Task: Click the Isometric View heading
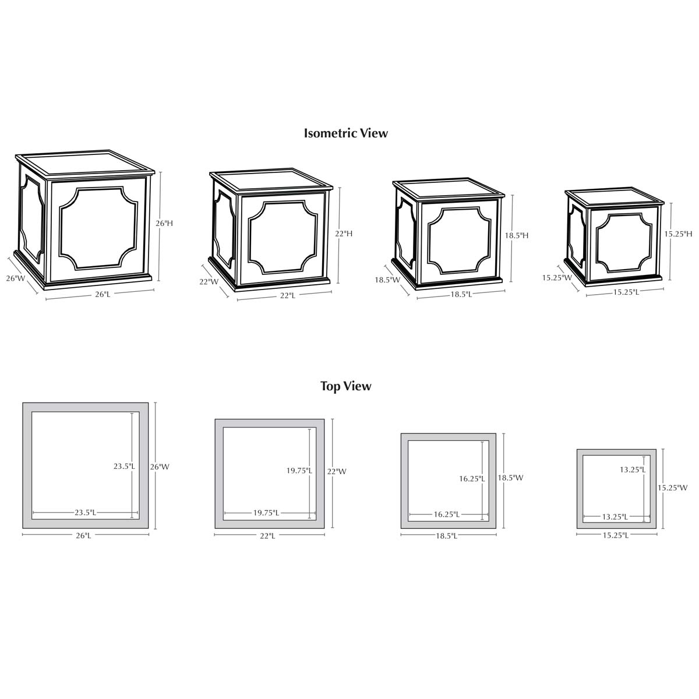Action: pyautogui.click(x=345, y=133)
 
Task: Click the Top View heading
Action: pyautogui.click(x=345, y=386)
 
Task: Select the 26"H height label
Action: pyautogui.click(x=164, y=224)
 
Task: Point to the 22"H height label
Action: pyautogui.click(x=344, y=234)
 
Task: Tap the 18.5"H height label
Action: pyautogui.click(x=517, y=235)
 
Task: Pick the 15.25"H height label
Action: pyautogui.click(x=678, y=234)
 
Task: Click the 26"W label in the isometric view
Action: pyautogui.click(x=16, y=278)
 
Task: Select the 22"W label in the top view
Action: pyautogui.click(x=337, y=472)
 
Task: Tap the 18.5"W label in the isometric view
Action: pyautogui.click(x=387, y=280)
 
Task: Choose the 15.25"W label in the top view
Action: pyautogui.click(x=673, y=488)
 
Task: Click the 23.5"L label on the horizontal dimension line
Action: pyautogui.click(x=85, y=513)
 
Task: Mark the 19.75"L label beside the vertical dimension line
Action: pyautogui.click(x=299, y=471)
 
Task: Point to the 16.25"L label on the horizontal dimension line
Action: pyautogui.click(x=447, y=514)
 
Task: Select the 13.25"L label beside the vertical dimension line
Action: pyautogui.click(x=633, y=469)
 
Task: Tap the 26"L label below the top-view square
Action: pyautogui.click(x=83, y=535)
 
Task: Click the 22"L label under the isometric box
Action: pyautogui.click(x=287, y=296)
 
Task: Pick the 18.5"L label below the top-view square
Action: pyautogui.click(x=447, y=536)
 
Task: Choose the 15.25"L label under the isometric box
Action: pyautogui.click(x=626, y=292)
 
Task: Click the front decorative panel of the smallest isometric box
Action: pyautogui.click(x=623, y=242)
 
